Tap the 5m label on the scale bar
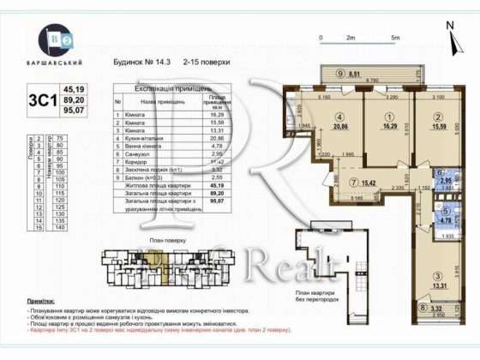pos(393,39)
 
